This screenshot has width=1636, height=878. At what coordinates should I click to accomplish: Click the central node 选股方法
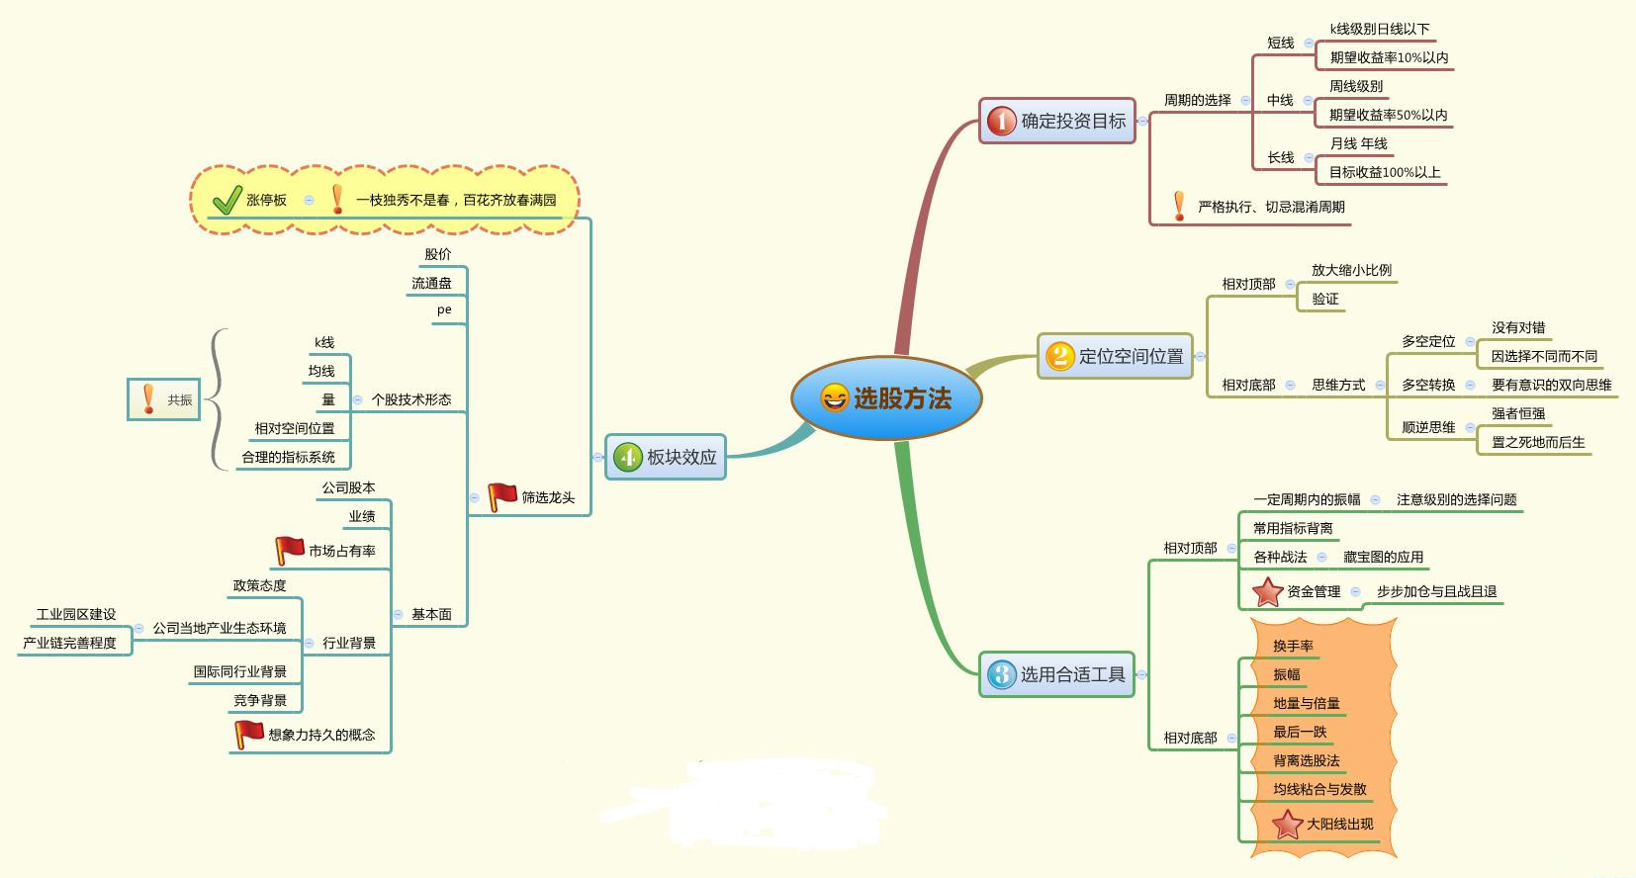887,398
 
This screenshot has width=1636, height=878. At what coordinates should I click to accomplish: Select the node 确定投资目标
1057,121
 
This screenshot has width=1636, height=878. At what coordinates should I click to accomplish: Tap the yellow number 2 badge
1059,356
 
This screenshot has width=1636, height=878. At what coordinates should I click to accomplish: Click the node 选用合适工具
1057,674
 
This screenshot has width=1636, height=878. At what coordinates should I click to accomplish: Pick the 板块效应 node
666,457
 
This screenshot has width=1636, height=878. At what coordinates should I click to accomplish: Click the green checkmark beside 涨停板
227,200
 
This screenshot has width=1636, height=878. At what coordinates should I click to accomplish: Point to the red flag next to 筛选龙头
502,496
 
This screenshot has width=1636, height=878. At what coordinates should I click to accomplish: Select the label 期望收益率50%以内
1388,116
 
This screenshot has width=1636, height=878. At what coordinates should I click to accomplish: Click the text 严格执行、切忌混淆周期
1271,207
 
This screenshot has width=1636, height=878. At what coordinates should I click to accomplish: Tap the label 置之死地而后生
1538,442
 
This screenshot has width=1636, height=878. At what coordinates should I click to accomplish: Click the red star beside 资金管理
1267,591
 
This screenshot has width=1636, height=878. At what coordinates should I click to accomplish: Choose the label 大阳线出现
1339,824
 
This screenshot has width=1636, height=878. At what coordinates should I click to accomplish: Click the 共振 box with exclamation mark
164,399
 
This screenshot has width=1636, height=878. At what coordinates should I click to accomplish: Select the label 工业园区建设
76,614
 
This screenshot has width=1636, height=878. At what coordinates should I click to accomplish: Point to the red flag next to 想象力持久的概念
248,735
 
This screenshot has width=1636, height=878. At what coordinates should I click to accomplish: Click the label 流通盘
431,283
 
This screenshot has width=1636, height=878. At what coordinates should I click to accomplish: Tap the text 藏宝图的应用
1383,557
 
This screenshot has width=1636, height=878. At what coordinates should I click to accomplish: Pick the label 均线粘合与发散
1319,789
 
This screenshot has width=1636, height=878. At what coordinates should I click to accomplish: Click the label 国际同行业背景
240,671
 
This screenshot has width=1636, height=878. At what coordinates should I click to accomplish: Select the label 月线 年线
1358,144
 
